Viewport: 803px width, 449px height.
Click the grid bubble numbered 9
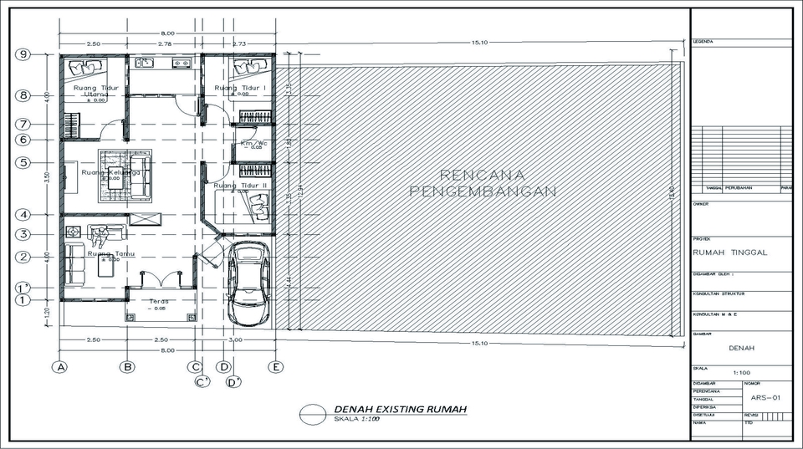(x=24, y=54)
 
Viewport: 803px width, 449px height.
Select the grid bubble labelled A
(x=59, y=366)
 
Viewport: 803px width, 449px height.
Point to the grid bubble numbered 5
(x=24, y=162)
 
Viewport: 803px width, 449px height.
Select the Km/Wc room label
(x=253, y=143)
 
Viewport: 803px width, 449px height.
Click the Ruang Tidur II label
(x=240, y=185)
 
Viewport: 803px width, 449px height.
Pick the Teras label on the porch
(x=159, y=302)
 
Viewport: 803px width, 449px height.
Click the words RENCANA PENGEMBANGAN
(x=483, y=183)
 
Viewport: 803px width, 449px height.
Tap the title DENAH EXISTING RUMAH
(x=400, y=409)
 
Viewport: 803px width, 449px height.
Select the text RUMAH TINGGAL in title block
(x=730, y=252)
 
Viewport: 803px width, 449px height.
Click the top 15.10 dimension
(x=479, y=43)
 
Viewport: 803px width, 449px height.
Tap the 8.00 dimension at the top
(x=167, y=33)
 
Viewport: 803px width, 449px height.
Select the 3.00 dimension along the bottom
(x=236, y=339)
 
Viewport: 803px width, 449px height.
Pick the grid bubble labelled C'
(x=202, y=382)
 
